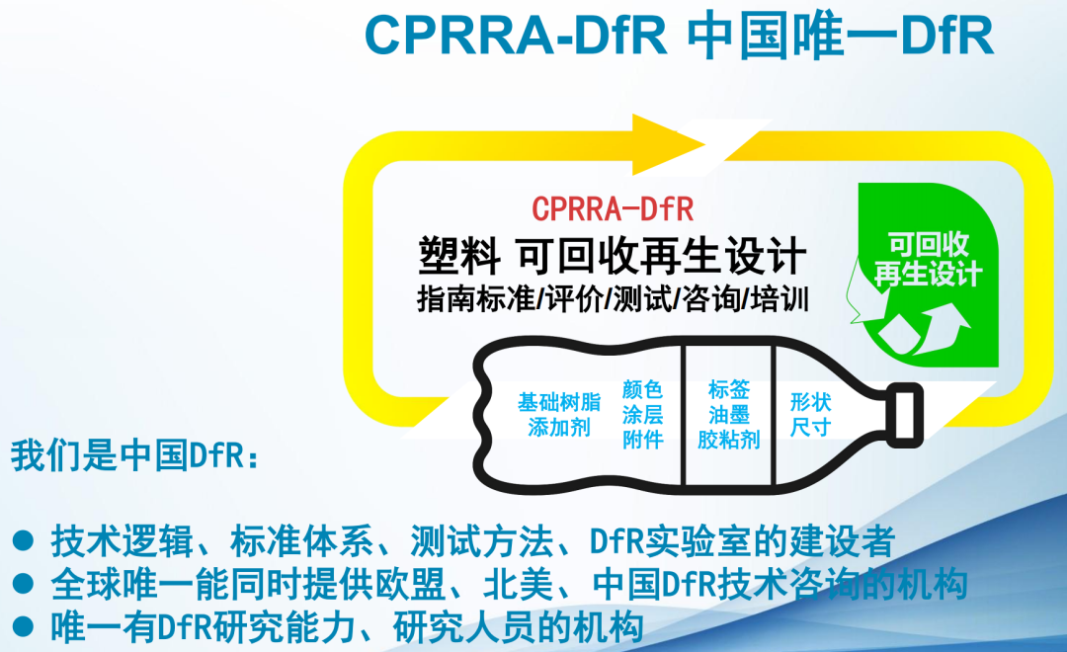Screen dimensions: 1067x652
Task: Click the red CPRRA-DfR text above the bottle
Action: (x=613, y=209)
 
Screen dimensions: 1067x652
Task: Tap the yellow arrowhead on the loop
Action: (x=668, y=144)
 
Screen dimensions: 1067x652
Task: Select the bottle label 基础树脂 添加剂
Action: (x=559, y=415)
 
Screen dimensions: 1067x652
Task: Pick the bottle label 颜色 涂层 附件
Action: (x=642, y=415)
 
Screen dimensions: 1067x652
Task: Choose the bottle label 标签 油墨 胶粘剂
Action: (x=729, y=415)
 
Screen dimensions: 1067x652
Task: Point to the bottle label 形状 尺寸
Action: (x=810, y=415)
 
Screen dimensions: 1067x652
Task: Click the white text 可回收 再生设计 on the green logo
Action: (x=928, y=259)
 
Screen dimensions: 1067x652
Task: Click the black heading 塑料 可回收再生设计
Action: (x=613, y=256)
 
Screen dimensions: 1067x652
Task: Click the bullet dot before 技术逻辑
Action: (x=23, y=541)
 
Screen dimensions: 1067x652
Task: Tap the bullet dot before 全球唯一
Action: (x=23, y=584)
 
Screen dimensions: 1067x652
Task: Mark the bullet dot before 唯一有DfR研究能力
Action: (x=23, y=627)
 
